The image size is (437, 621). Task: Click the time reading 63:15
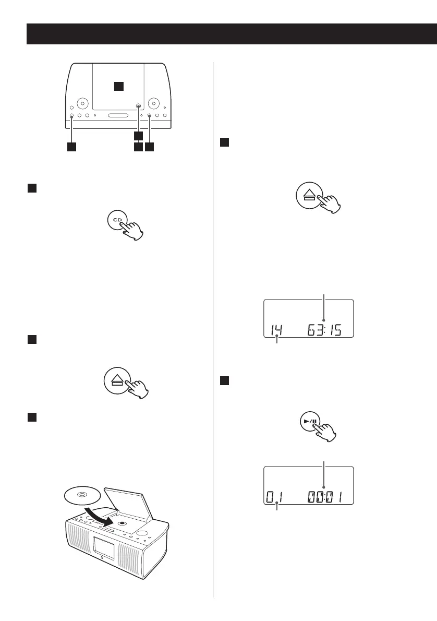click(x=324, y=330)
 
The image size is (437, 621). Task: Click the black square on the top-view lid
click(x=119, y=86)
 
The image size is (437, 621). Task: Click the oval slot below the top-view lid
click(x=118, y=115)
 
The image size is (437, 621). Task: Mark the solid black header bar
click(x=232, y=34)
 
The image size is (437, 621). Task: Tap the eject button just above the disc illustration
click(x=116, y=382)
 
